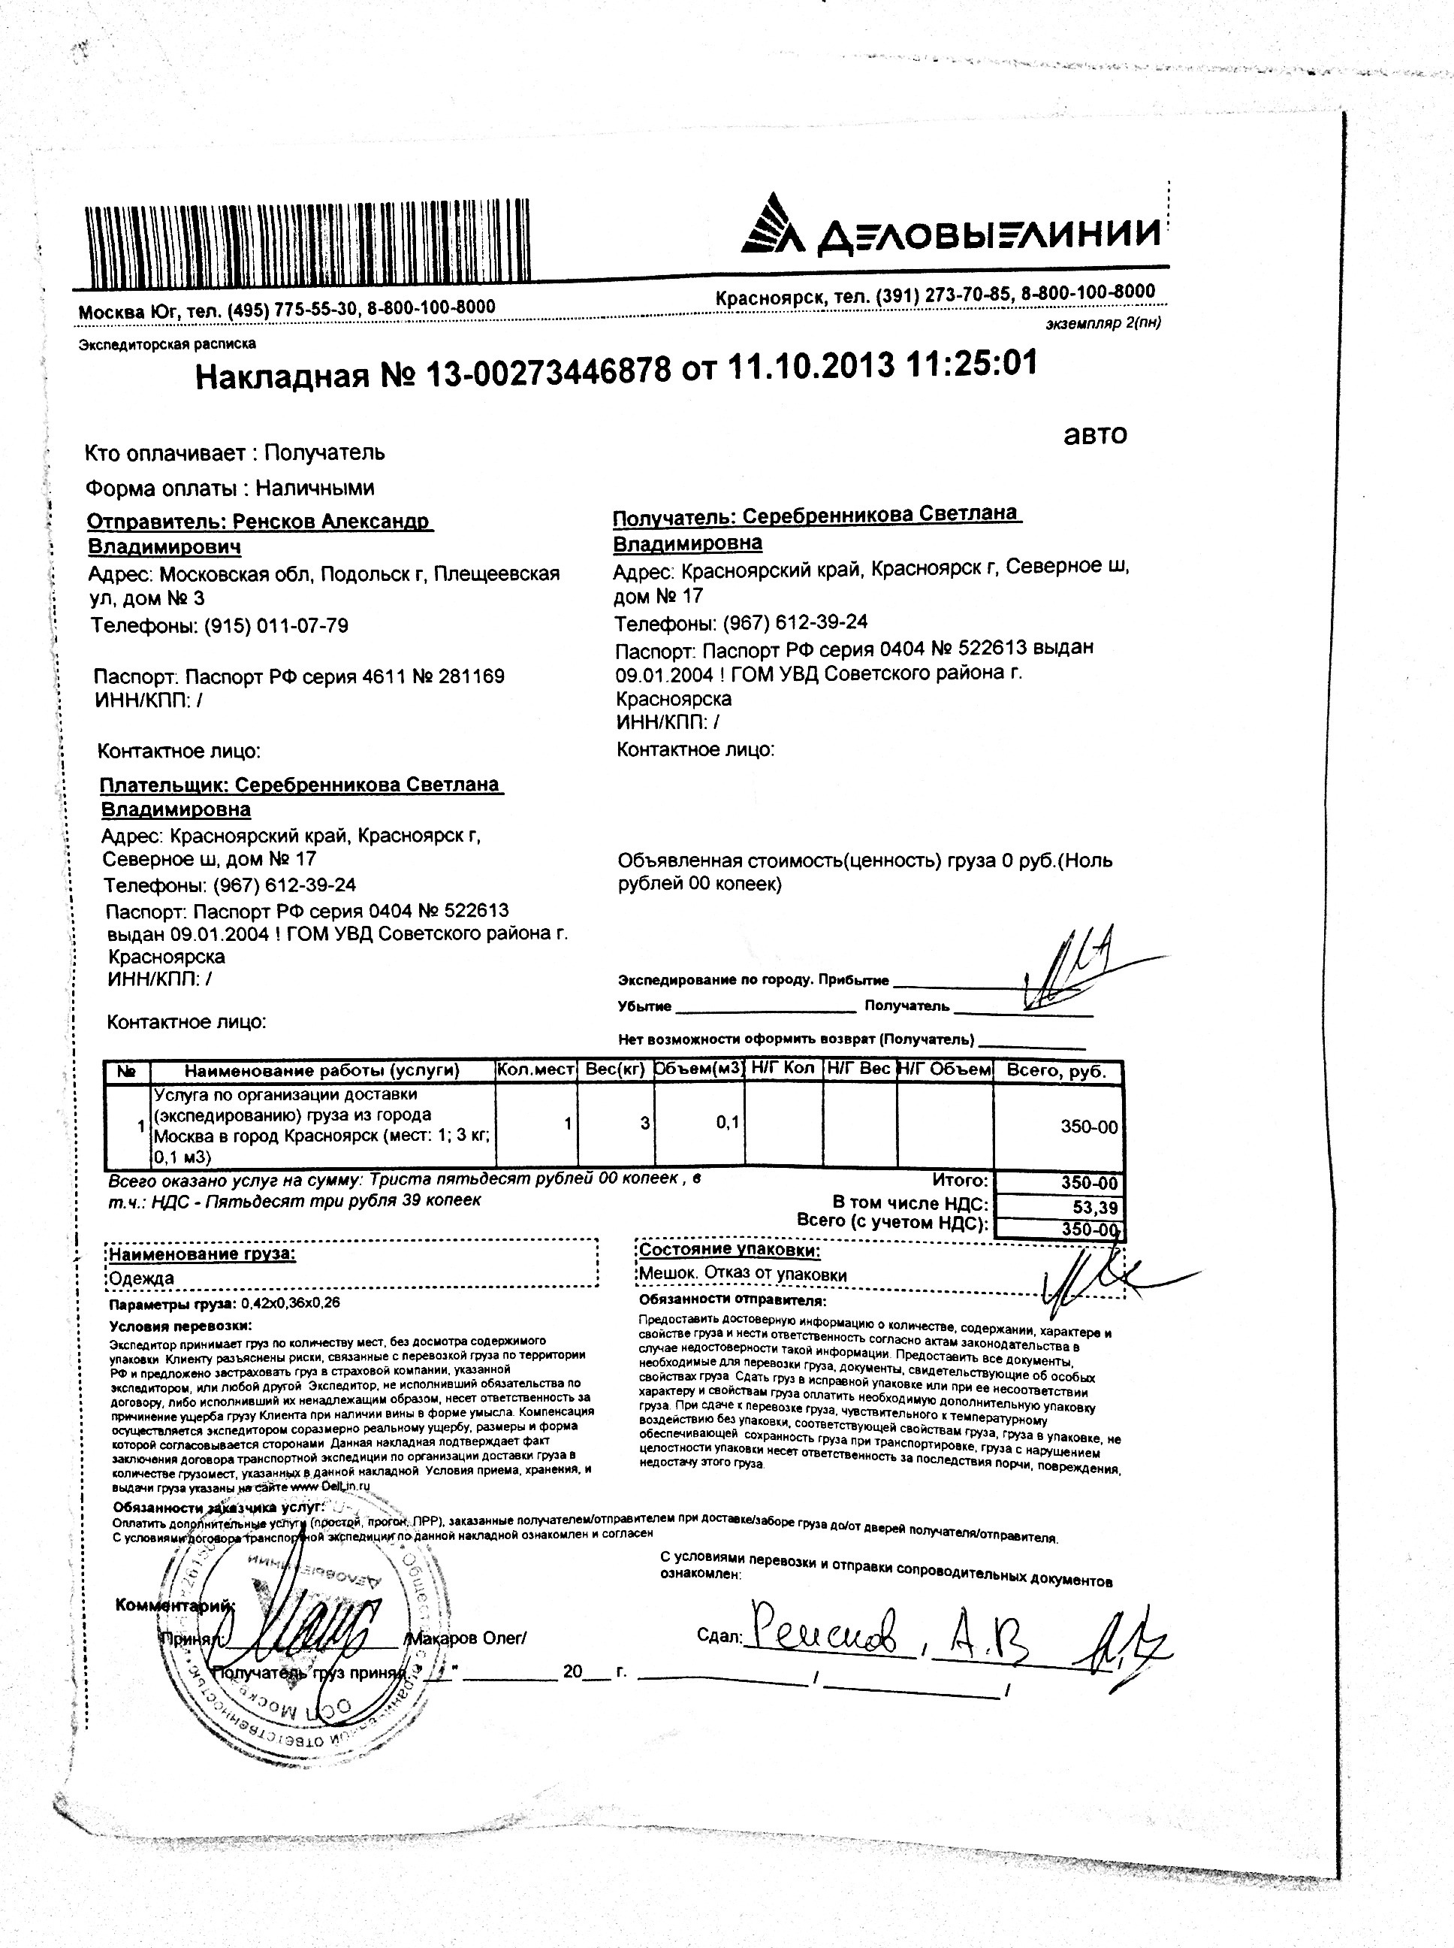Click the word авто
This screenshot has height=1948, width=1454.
[1095, 434]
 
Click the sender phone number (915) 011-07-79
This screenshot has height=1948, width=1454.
[276, 626]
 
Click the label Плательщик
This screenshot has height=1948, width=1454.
[164, 785]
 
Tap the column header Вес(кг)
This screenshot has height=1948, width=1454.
[615, 1070]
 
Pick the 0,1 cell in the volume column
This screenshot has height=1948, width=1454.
[727, 1124]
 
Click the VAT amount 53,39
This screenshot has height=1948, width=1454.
[1094, 1206]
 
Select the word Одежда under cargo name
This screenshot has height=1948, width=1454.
[142, 1278]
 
